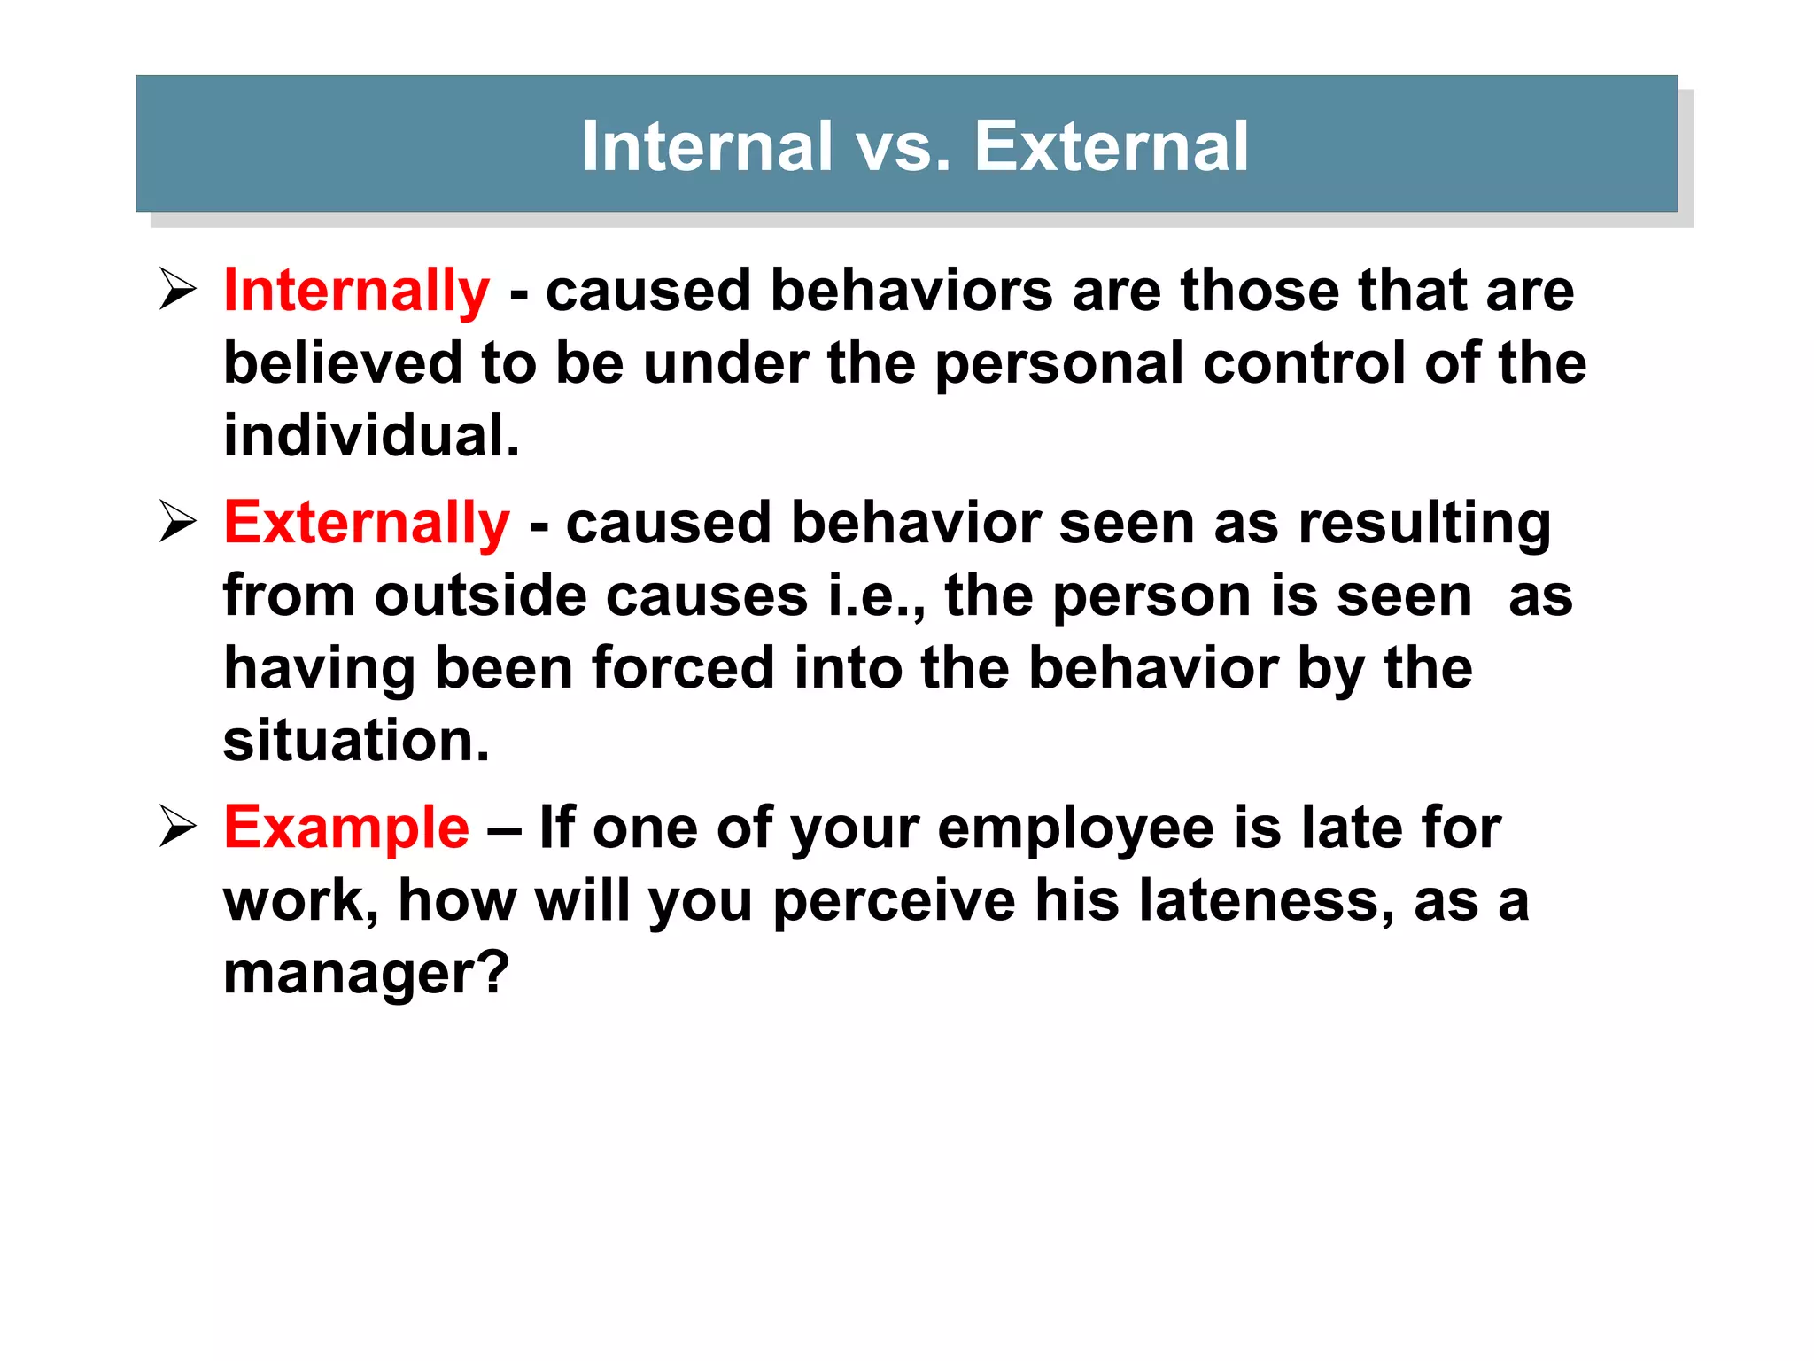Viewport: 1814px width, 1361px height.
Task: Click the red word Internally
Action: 356,291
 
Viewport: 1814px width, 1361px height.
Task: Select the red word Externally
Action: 367,523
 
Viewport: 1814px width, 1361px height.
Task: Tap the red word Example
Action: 346,828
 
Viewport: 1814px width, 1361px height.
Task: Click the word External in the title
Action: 1112,146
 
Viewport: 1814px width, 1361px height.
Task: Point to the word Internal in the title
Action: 707,146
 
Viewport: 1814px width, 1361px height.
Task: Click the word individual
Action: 371,436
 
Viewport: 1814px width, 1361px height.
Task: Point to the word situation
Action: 356,741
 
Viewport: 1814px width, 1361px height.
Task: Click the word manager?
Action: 366,973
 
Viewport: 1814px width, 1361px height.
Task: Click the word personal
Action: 1059,363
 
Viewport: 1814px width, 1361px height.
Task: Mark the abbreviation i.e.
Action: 877,595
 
